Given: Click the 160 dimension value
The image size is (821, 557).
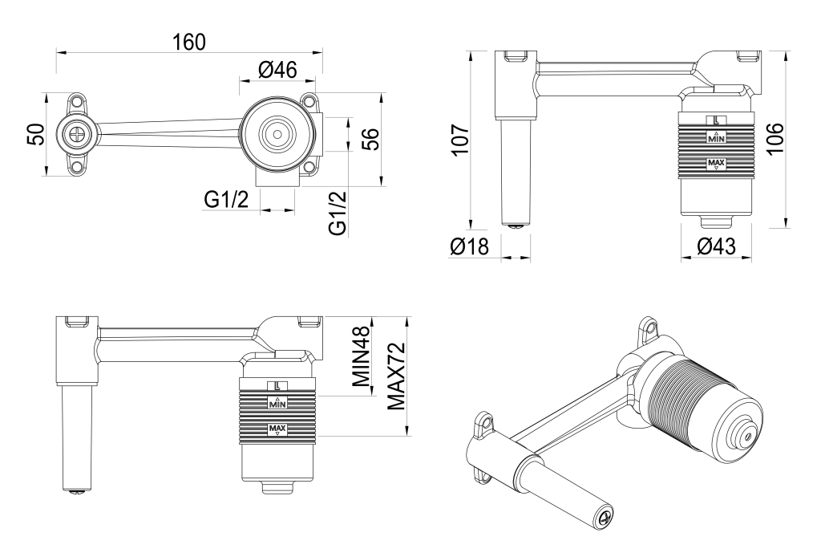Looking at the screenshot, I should [189, 42].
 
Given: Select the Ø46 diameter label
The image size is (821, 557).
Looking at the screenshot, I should [278, 71].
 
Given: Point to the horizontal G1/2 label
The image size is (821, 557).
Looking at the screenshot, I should [225, 200].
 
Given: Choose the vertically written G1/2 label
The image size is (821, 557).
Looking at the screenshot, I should [339, 213].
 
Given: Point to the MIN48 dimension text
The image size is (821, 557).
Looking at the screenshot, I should [362, 358].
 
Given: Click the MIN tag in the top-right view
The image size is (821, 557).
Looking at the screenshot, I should [716, 137].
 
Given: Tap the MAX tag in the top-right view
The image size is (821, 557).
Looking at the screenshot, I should [716, 164].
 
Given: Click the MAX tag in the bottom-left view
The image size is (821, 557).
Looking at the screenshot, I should [277, 430].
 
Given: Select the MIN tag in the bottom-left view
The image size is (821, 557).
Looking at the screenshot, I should [277, 403].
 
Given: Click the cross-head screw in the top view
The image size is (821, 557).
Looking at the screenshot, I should [76, 135].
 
